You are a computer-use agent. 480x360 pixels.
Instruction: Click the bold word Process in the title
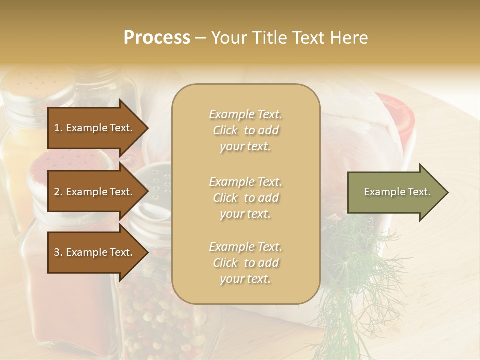pos(157,38)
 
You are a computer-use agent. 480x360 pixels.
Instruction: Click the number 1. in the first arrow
pos(58,128)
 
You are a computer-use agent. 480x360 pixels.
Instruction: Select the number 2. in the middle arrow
pos(58,192)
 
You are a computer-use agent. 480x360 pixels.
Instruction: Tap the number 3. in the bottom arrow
pos(58,252)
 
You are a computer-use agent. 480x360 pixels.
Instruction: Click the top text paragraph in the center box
pos(245,130)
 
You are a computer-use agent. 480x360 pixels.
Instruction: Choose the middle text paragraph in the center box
pos(245,198)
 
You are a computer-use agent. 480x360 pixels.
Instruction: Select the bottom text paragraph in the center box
pos(245,263)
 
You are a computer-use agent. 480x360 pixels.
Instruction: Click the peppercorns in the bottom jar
pos(150,310)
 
